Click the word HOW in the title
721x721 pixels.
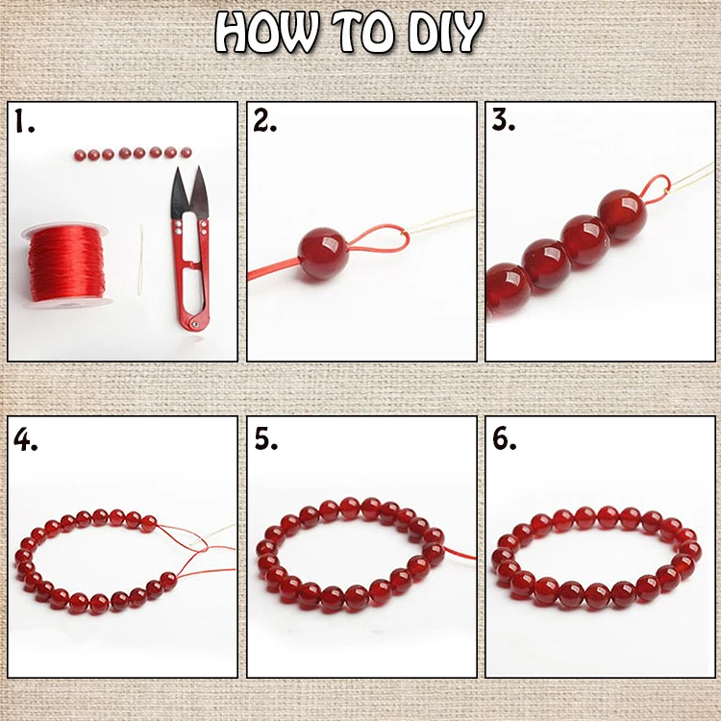[266, 32]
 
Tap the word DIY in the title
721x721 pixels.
[445, 32]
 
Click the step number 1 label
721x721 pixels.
[24, 121]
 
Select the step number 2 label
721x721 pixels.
[265, 121]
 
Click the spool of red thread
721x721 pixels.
[66, 263]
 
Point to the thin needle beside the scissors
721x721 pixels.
[140, 261]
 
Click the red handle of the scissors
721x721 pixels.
[191, 271]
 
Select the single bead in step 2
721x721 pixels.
[322, 254]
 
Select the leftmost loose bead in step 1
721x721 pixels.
[80, 155]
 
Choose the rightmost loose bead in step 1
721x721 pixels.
[186, 152]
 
